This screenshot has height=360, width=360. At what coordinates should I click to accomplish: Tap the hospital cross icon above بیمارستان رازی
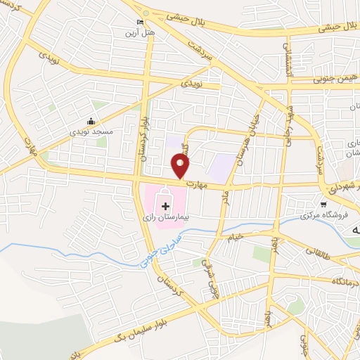click(165, 206)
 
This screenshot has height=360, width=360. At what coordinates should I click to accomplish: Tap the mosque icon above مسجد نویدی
click(91, 120)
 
